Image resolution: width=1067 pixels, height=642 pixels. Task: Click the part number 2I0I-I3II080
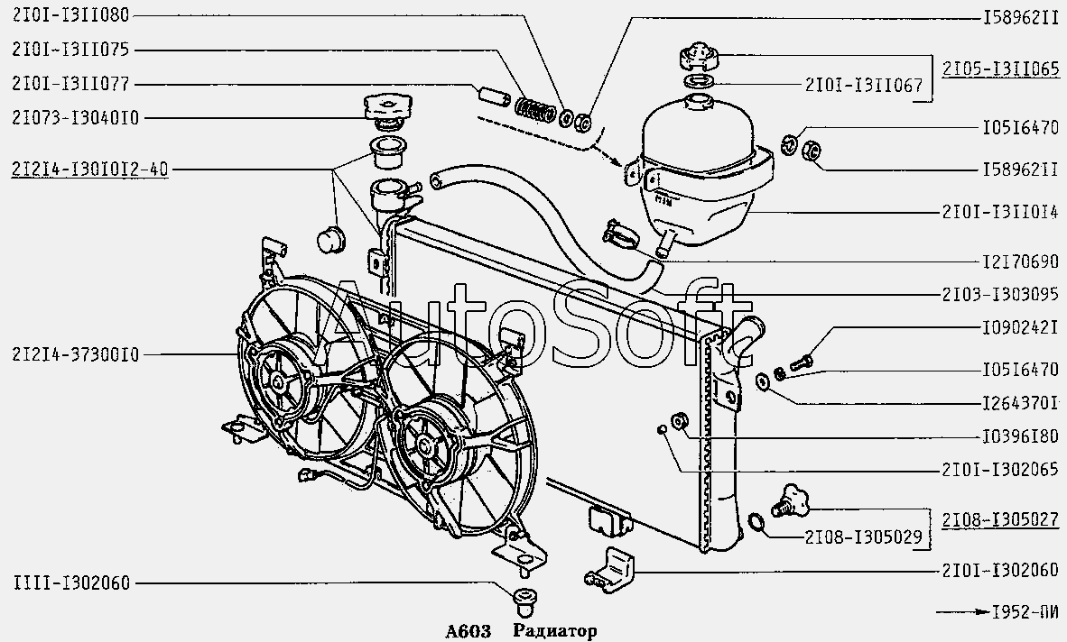(70, 15)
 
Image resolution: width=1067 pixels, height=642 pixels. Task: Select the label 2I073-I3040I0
(76, 118)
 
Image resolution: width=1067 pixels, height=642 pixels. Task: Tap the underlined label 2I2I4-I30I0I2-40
(90, 169)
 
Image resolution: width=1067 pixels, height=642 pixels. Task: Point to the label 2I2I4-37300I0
(76, 354)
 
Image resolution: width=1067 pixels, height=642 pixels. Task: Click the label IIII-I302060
(70, 582)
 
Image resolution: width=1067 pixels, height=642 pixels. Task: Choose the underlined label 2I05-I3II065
(1001, 69)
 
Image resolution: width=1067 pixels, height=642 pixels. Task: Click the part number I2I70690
(1020, 261)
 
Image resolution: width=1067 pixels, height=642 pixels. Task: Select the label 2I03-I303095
(1001, 294)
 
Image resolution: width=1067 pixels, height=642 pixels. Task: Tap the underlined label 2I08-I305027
(1001, 519)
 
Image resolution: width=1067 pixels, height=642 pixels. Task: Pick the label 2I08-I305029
(864, 537)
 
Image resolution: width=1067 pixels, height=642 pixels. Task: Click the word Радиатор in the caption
(555, 631)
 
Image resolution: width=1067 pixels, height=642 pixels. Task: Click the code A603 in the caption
(469, 631)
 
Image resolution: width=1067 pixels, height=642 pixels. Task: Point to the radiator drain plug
(788, 500)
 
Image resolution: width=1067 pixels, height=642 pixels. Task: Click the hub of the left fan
(279, 381)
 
